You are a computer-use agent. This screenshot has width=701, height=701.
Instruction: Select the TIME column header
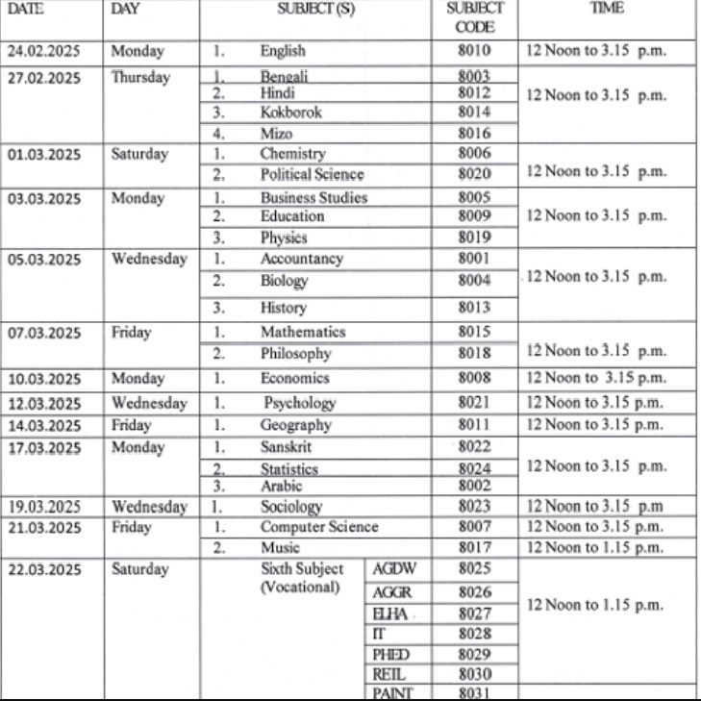[610, 8]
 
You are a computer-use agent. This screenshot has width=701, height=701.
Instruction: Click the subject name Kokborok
[290, 112]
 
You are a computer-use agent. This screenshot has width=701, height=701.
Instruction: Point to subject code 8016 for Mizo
[475, 135]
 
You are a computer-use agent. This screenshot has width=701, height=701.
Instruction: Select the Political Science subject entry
[312, 174]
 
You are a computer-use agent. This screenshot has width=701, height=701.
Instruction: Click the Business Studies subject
[313, 197]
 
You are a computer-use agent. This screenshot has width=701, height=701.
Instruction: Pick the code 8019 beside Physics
[475, 237]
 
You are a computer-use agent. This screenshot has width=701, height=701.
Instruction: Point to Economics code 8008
[475, 378]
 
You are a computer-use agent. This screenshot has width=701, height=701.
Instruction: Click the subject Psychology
[300, 402]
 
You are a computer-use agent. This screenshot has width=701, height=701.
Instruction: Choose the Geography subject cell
[295, 424]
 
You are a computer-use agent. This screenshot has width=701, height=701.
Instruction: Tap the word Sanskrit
[286, 447]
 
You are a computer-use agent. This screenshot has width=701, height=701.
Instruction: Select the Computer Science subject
[319, 527]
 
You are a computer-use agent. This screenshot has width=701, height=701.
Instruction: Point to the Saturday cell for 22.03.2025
[139, 569]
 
